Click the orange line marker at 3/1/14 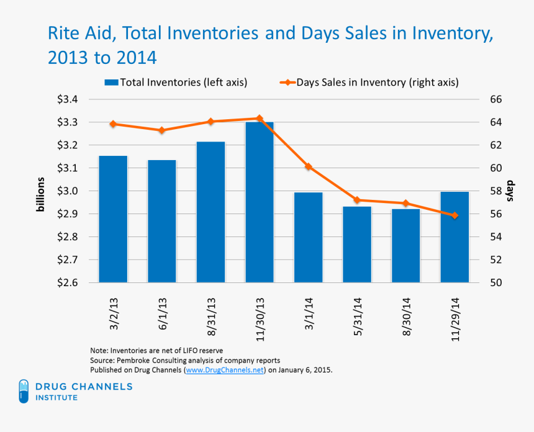(308, 167)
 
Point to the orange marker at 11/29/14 (455, 215)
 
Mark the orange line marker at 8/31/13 (210, 122)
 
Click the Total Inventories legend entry (177, 82)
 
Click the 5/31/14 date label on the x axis (357, 317)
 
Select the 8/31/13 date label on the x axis (210, 317)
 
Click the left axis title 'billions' (40, 194)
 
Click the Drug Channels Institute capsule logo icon (24, 390)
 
